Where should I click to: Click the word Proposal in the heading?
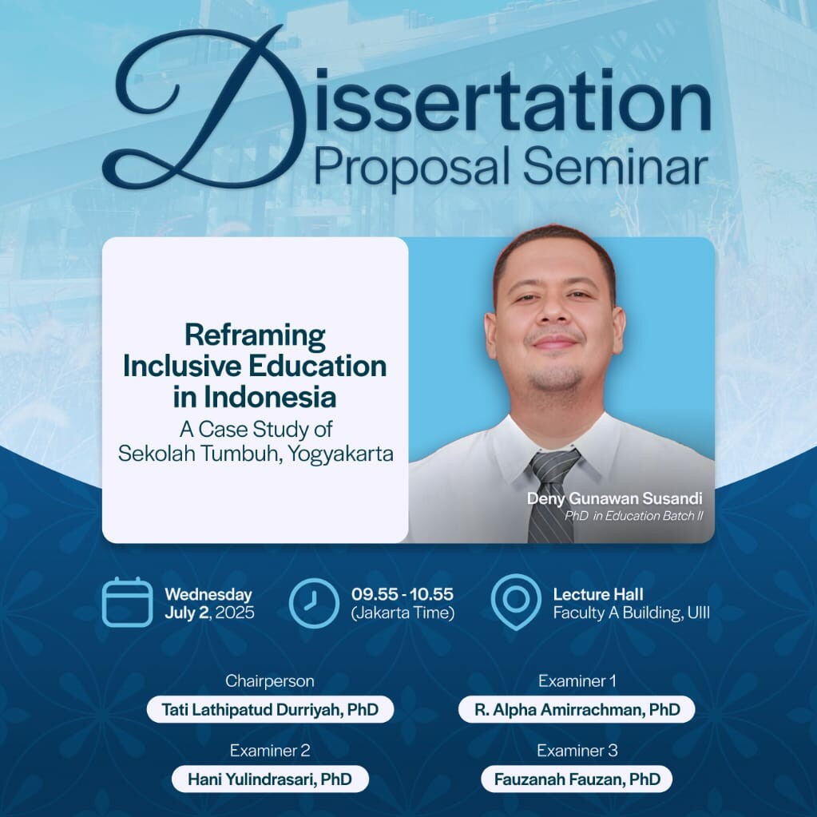pyautogui.click(x=411, y=168)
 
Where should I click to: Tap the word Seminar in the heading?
pyautogui.click(x=616, y=167)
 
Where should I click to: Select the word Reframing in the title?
pyautogui.click(x=256, y=336)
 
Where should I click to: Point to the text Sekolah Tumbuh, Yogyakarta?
pyautogui.click(x=256, y=454)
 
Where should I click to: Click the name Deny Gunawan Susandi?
pyautogui.click(x=615, y=498)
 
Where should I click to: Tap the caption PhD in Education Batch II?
pyautogui.click(x=633, y=516)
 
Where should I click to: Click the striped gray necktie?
pyautogui.click(x=553, y=496)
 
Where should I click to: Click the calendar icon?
pyautogui.click(x=128, y=602)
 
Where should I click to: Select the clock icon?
pyautogui.click(x=314, y=603)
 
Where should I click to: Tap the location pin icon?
pyautogui.click(x=516, y=602)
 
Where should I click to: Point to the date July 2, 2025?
pyautogui.click(x=209, y=613)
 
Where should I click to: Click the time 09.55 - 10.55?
pyautogui.click(x=403, y=594)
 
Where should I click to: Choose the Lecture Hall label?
pyautogui.click(x=598, y=594)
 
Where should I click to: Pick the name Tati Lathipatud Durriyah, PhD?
pyautogui.click(x=270, y=710)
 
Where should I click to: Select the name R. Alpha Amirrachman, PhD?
pyautogui.click(x=577, y=710)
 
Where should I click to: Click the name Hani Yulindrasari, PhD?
pyautogui.click(x=270, y=779)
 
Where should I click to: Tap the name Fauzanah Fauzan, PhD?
pyautogui.click(x=577, y=779)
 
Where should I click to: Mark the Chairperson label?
pyautogui.click(x=270, y=681)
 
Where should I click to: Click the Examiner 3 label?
pyautogui.click(x=577, y=750)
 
